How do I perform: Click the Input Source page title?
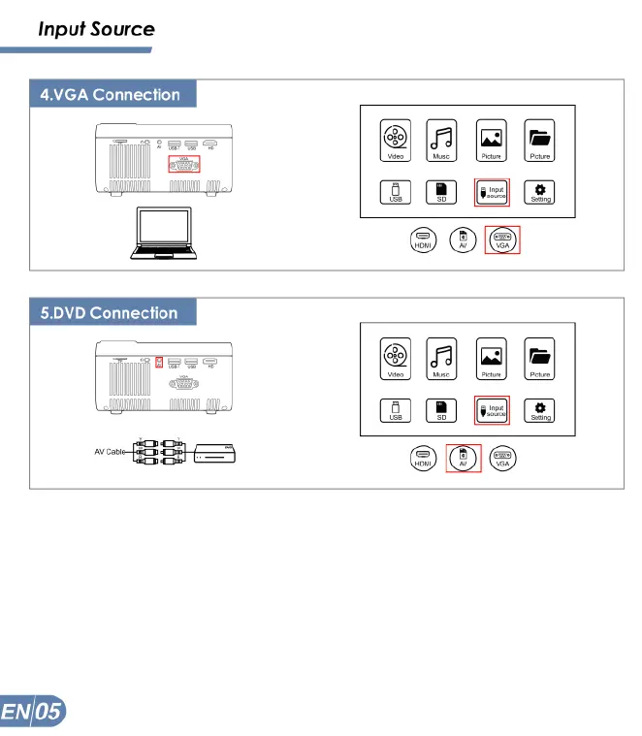(96, 29)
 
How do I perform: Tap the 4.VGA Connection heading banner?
(110, 95)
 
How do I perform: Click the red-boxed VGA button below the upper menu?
(502, 240)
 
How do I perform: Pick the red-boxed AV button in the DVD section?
(463, 458)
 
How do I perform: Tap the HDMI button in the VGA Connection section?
(422, 240)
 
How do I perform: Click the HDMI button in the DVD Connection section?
(422, 458)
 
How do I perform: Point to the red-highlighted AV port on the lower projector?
(159, 363)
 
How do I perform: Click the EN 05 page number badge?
(33, 714)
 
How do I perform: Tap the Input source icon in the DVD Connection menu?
(493, 410)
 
